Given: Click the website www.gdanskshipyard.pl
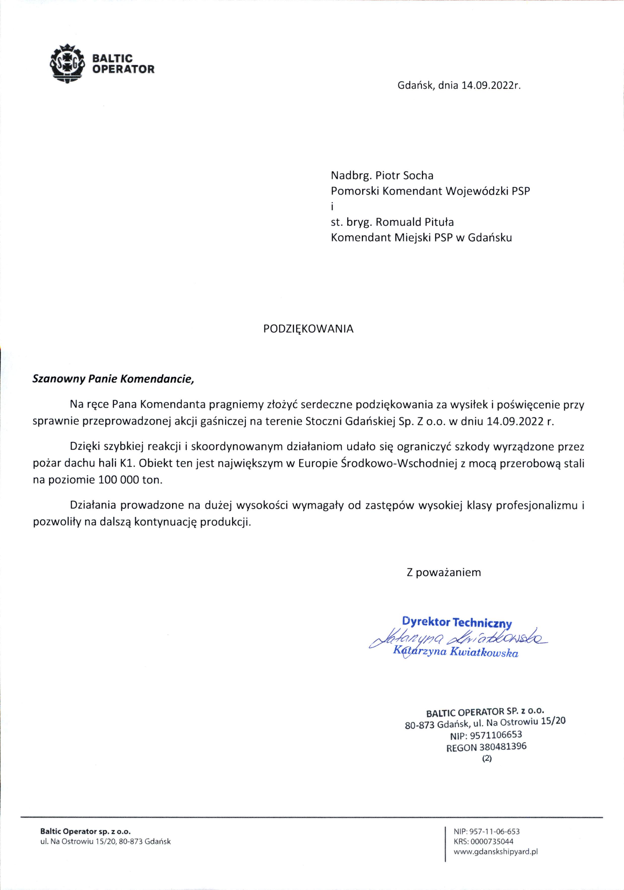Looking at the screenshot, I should [496, 851].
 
